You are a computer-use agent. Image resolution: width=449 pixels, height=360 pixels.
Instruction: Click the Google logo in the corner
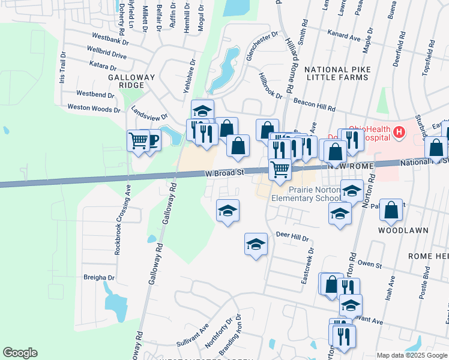[x=20, y=353]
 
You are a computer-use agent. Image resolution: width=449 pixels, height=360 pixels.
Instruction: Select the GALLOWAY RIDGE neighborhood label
[x=131, y=82]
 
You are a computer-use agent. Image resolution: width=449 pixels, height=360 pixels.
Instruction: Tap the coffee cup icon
[x=152, y=140]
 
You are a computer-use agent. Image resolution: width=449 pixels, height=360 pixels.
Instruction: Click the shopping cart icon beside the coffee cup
[x=139, y=141]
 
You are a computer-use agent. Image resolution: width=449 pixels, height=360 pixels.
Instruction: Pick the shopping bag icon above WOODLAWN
[x=391, y=210]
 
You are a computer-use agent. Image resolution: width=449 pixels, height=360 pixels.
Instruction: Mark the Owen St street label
[x=370, y=265]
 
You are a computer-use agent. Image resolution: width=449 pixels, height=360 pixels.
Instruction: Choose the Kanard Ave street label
[x=343, y=38]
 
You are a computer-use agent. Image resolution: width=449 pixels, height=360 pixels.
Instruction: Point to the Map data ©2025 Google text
[x=411, y=355]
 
